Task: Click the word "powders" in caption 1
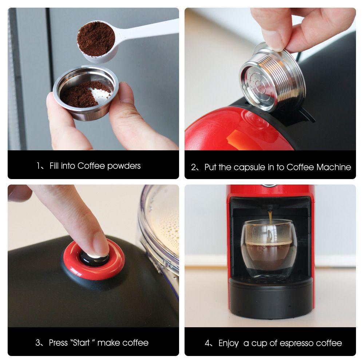click(124, 166)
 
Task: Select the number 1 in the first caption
click(38, 166)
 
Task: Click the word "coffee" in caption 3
click(135, 343)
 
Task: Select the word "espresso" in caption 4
click(298, 343)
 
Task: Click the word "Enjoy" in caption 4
click(229, 343)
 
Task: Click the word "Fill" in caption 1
click(53, 166)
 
